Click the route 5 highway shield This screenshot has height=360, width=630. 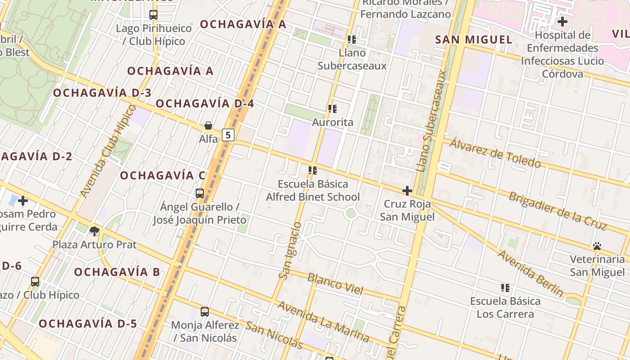pyautogui.click(x=229, y=135)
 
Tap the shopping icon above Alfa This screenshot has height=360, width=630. pyautogui.click(x=208, y=126)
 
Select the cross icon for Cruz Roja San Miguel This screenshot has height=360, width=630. pyautogui.click(x=407, y=191)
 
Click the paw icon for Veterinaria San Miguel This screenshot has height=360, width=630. pyautogui.click(x=597, y=246)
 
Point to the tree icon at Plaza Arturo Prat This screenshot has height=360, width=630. pyautogui.click(x=94, y=231)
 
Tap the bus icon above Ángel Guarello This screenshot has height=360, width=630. pyautogui.click(x=200, y=193)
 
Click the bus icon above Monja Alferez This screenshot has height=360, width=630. pyautogui.click(x=205, y=311)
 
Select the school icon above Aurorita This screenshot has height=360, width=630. pyautogui.click(x=333, y=109)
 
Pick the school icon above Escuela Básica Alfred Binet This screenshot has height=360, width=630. pyautogui.click(x=313, y=171)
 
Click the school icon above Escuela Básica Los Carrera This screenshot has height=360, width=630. pyautogui.click(x=505, y=288)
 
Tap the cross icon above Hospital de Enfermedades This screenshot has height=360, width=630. pyautogui.click(x=562, y=21)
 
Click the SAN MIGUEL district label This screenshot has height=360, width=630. pyautogui.click(x=474, y=40)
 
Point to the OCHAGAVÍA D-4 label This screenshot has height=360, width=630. pyautogui.click(x=205, y=103)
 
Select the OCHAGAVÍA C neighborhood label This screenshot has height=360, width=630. pyautogui.click(x=163, y=175)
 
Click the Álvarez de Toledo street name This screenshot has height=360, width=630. pyautogui.click(x=495, y=153)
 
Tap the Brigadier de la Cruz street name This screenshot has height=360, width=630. pyautogui.click(x=558, y=211)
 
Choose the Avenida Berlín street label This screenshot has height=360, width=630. pyautogui.click(x=530, y=273)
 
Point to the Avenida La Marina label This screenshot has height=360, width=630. pyautogui.click(x=323, y=321)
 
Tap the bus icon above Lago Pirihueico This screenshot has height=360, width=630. pyautogui.click(x=153, y=15)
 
